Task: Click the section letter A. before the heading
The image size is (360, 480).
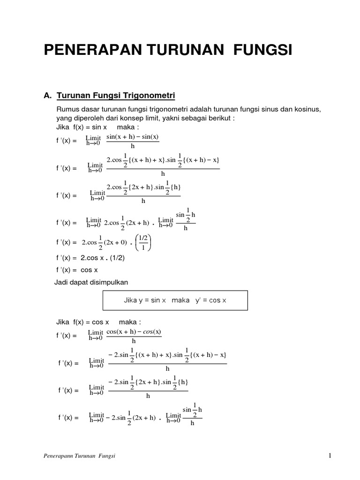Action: (x=47, y=96)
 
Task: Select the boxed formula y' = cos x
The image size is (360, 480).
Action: (x=211, y=300)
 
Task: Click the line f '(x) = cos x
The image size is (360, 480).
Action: (x=76, y=270)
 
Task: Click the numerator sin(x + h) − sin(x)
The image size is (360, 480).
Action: (x=133, y=137)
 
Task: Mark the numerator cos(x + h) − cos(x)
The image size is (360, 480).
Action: (x=134, y=332)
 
